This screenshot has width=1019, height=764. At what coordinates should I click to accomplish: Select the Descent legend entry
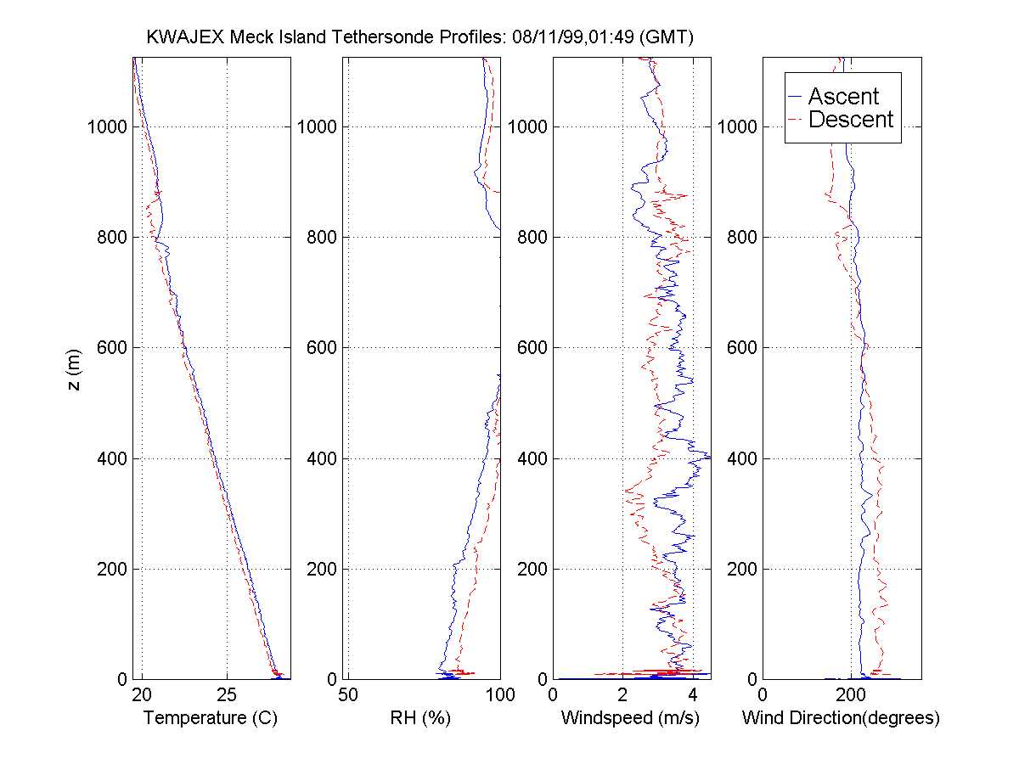coord(850,120)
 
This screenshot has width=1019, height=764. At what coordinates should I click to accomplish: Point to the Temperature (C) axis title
coord(211,718)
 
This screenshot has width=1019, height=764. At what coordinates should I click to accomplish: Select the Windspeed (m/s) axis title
coord(630,718)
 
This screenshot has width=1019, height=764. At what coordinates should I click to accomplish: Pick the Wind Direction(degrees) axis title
coord(841,718)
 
